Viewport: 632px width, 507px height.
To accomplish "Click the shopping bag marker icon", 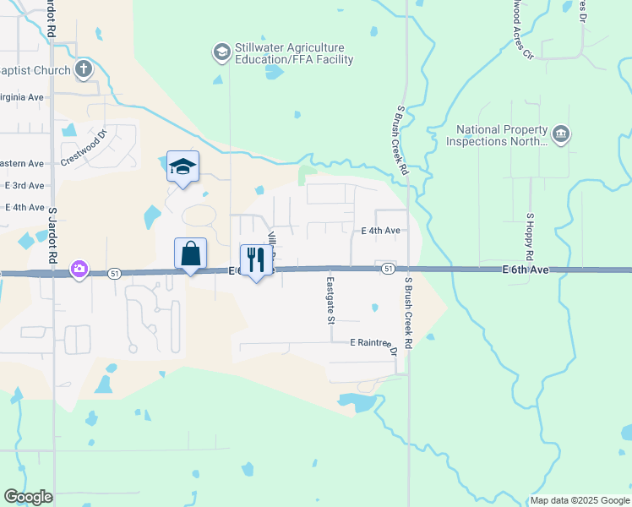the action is tap(190, 253).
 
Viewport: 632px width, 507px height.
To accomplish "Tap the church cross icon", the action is tap(84, 69).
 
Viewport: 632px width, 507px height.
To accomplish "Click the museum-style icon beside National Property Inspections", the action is tap(561, 134).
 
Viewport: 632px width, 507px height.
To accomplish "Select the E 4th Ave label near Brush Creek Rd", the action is tap(380, 230).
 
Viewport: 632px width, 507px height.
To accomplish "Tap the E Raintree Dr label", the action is tap(373, 343).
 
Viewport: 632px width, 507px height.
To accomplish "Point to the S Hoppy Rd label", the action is tap(530, 237).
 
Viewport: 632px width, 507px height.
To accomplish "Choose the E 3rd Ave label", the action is tap(25, 185).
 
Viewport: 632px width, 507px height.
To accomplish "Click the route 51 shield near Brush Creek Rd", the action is tap(387, 269).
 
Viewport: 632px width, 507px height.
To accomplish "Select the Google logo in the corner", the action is tap(28, 497).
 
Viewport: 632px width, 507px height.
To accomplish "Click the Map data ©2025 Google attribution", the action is tap(580, 500).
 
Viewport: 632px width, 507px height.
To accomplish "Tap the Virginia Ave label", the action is tap(23, 97).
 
